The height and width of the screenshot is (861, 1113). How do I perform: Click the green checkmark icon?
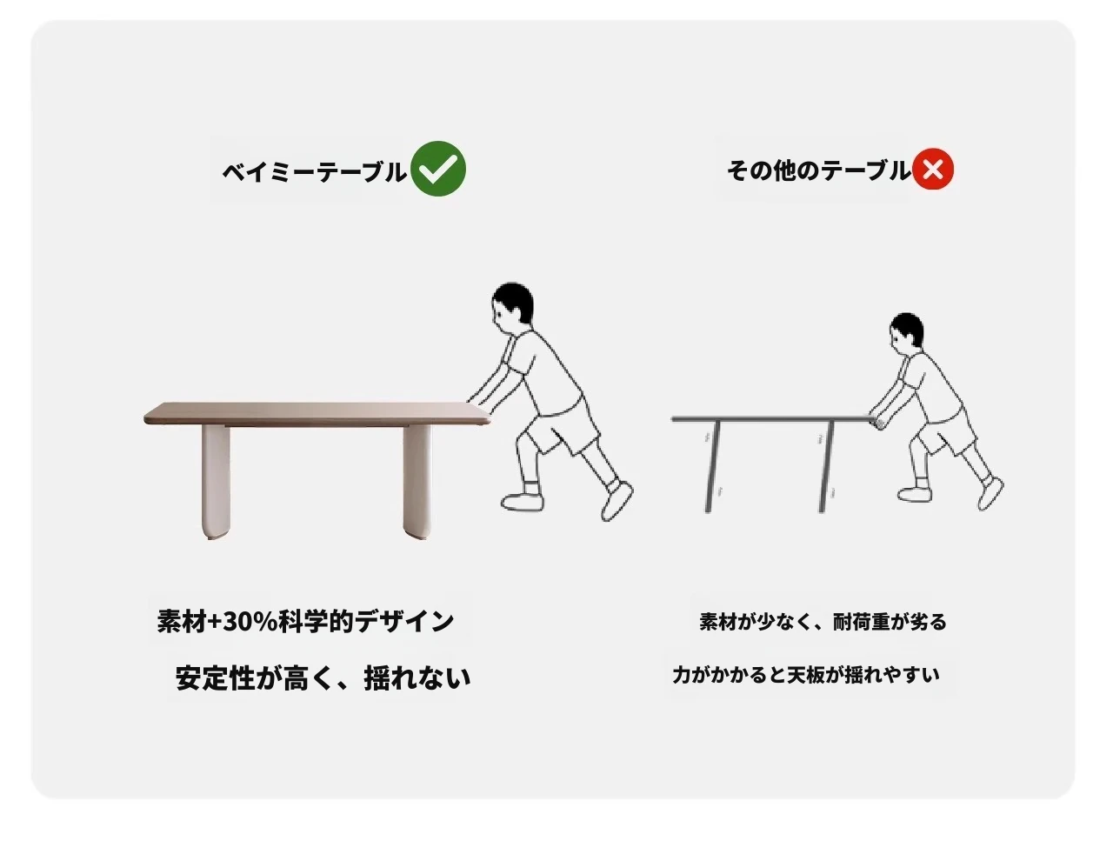click(x=438, y=169)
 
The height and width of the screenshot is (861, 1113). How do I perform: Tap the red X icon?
click(x=933, y=169)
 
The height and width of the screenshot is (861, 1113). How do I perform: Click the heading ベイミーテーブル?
click(x=314, y=171)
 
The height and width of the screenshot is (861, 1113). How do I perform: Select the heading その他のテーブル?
click(x=819, y=170)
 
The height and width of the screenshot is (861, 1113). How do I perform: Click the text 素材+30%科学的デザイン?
click(x=305, y=622)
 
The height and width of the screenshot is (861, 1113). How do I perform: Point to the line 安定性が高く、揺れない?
click(x=323, y=678)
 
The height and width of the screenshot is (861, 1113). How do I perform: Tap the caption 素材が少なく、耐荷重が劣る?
click(x=823, y=622)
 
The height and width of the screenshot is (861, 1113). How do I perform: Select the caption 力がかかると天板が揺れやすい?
click(x=806, y=675)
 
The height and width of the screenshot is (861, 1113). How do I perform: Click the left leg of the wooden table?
click(x=216, y=482)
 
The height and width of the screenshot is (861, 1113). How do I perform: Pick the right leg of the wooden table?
click(x=417, y=483)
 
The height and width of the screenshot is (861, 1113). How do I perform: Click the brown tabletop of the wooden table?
click(x=317, y=414)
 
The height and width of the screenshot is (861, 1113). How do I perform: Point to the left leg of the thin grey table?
click(x=713, y=466)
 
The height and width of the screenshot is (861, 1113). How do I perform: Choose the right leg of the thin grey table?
click(x=826, y=466)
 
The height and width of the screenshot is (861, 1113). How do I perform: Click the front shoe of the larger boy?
click(x=522, y=502)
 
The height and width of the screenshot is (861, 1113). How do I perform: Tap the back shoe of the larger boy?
click(x=616, y=501)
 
